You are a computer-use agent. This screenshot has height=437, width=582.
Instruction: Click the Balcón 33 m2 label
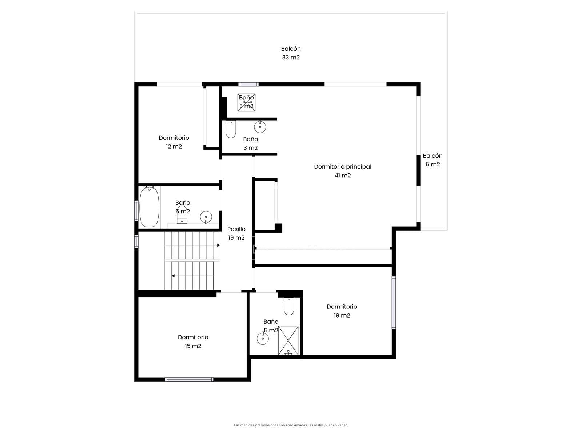pyautogui.click(x=291, y=53)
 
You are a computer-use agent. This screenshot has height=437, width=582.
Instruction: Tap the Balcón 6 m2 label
pyautogui.click(x=432, y=160)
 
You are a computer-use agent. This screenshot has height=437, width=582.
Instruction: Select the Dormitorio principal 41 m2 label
pyautogui.click(x=343, y=171)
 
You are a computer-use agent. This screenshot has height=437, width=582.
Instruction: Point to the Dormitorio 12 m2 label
pyautogui.click(x=174, y=142)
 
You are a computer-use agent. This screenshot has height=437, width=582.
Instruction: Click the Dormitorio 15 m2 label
pyautogui.click(x=193, y=342)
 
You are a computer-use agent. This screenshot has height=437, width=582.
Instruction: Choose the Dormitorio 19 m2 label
pyautogui.click(x=342, y=311)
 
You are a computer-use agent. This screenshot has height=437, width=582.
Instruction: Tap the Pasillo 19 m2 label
pyautogui.click(x=236, y=233)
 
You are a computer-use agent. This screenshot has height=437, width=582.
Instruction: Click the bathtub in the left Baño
pyautogui.click(x=149, y=207)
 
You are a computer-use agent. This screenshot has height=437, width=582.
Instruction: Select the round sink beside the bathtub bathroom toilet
pyautogui.click(x=206, y=217)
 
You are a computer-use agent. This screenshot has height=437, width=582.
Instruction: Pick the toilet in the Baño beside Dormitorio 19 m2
pyautogui.click(x=289, y=306)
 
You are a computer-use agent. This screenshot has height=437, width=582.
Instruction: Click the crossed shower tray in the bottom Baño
pyautogui.click(x=288, y=340)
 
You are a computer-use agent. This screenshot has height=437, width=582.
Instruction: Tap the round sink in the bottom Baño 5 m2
pyautogui.click(x=263, y=338)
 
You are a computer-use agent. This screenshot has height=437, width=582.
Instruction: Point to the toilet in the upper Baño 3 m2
pyautogui.click(x=230, y=129)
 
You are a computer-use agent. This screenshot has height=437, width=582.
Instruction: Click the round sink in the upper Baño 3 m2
pyautogui.click(x=260, y=127)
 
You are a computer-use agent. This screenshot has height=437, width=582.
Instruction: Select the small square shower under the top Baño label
pyautogui.click(x=246, y=102)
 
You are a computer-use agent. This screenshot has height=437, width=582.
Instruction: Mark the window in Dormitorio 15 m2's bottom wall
pyautogui.click(x=189, y=379)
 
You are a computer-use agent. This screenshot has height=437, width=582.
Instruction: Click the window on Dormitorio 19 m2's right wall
pyautogui.click(x=394, y=303)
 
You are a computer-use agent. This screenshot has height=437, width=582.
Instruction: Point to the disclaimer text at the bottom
pyautogui.click(x=291, y=425)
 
